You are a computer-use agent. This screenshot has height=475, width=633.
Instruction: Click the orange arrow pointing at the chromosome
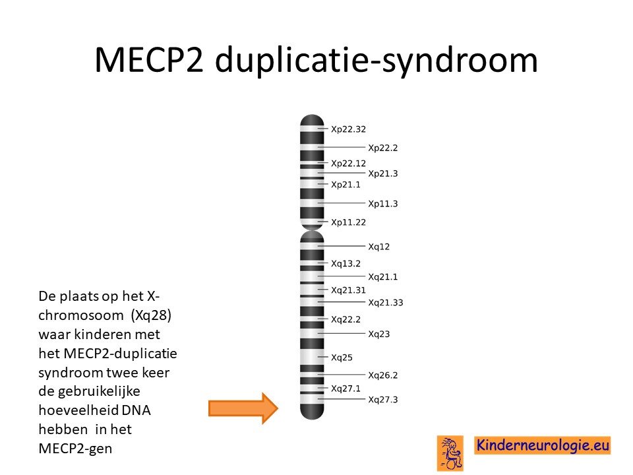[243, 408]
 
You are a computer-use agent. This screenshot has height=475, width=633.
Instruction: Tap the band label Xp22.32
[348, 129]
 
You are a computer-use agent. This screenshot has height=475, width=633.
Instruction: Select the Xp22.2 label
[382, 148]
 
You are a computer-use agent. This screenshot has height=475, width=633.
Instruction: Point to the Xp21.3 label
[382, 174]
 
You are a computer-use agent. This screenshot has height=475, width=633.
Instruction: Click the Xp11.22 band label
[348, 222]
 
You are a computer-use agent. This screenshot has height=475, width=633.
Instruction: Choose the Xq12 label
[379, 246]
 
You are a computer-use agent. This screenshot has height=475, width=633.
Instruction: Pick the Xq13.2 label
[346, 263]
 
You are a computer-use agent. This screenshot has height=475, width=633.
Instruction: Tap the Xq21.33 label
[386, 303]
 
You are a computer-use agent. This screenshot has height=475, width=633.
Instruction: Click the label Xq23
[379, 334]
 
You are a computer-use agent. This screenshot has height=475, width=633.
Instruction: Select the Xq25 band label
[342, 358]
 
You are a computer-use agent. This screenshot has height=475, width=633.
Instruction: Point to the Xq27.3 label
[382, 400]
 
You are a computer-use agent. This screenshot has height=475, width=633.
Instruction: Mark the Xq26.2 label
[382, 375]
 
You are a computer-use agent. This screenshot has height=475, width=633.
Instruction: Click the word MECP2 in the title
[149, 60]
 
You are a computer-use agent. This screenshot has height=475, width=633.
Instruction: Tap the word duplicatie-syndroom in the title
[377, 61]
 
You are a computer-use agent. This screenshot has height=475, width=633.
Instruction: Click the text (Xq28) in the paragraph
[151, 315]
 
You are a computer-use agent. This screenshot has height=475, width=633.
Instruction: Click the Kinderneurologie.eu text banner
[543, 445]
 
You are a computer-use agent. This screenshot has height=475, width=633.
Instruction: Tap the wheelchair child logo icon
[450, 453]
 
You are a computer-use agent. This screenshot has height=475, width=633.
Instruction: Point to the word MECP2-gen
[75, 449]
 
